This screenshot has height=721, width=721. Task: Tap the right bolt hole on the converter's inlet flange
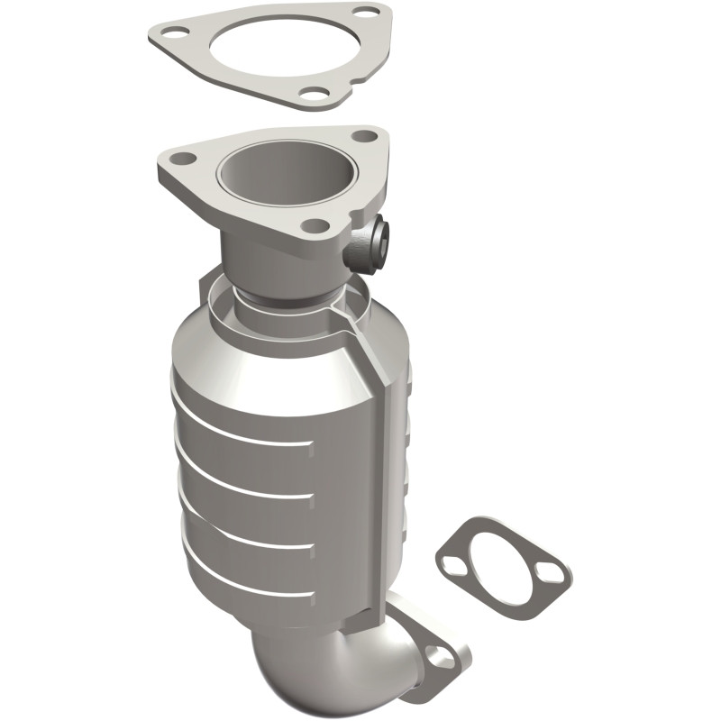pos(364,136)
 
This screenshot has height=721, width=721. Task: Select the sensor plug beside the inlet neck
pos(370,242)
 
